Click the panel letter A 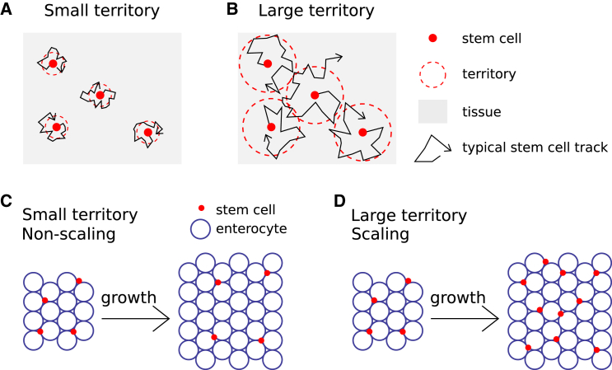click(x=7, y=11)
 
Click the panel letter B click(x=233, y=11)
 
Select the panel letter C click(x=7, y=201)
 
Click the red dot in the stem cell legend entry click(x=433, y=39)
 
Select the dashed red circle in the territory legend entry click(x=433, y=75)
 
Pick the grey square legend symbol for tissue click(x=433, y=111)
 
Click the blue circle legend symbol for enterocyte click(x=200, y=228)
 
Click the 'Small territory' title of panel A click(x=91, y=12)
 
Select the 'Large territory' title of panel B click(x=315, y=12)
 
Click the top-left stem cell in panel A click(x=53, y=63)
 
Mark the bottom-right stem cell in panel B click(x=362, y=132)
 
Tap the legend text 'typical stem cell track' click(x=535, y=148)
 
